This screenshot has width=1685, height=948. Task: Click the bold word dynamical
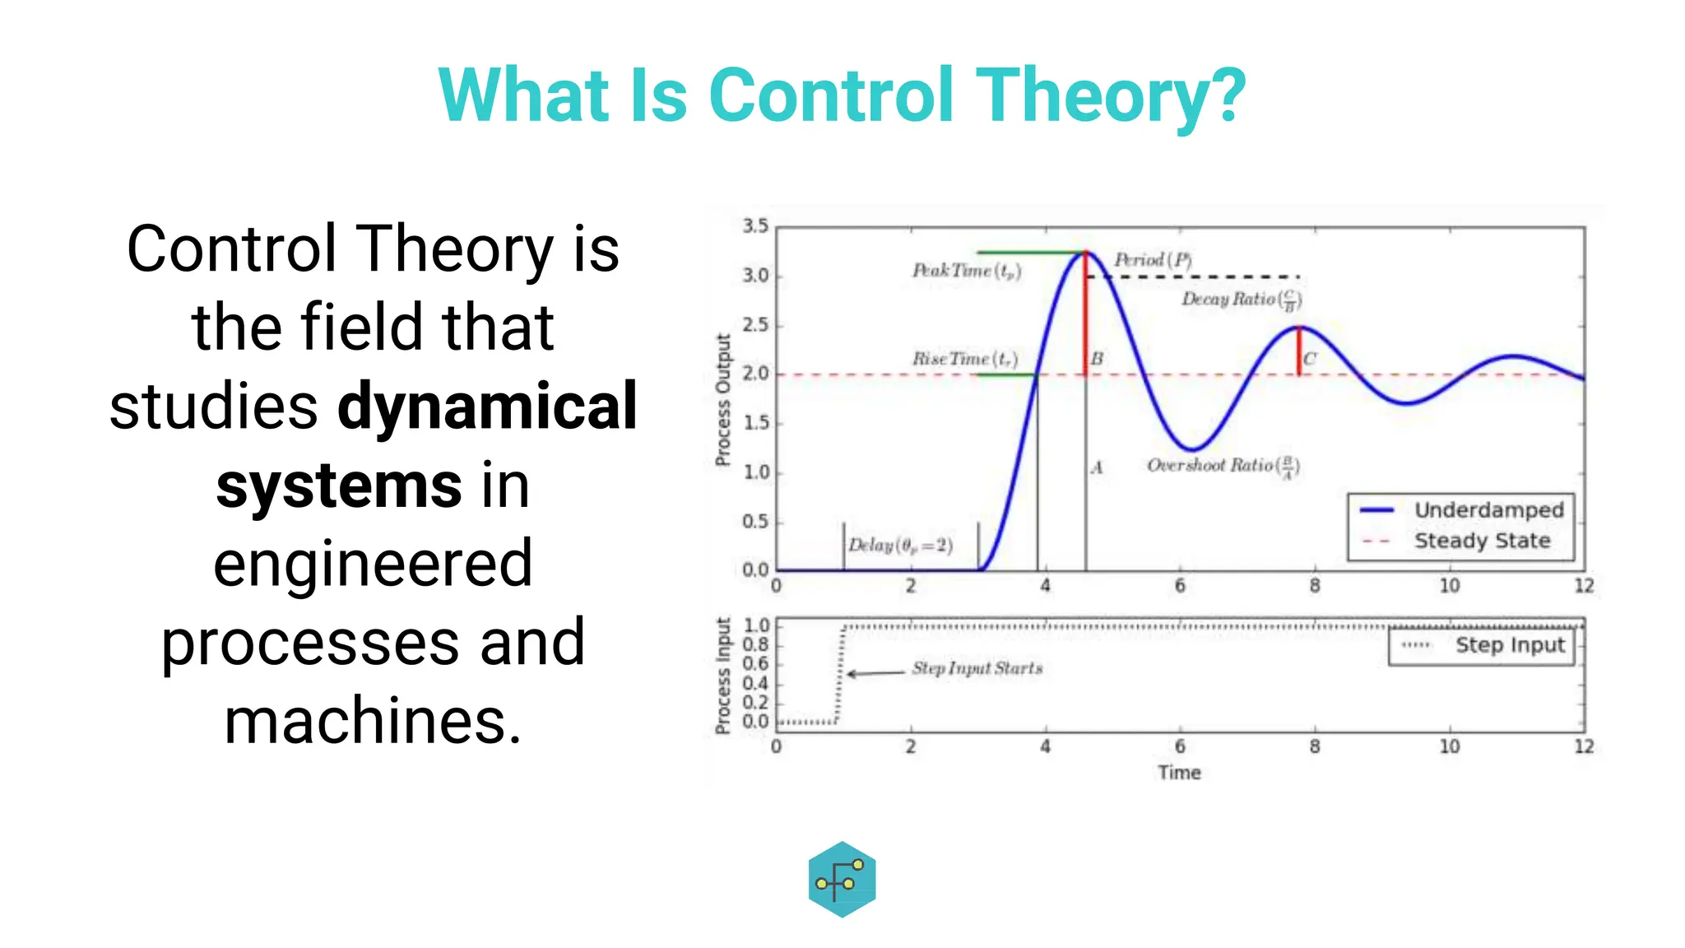pyautogui.click(x=487, y=407)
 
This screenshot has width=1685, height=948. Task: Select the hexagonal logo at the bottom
pyautogui.click(x=842, y=879)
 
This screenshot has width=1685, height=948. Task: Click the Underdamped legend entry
pyautogui.click(x=1488, y=510)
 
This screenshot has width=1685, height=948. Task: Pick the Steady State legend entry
pyautogui.click(x=1481, y=541)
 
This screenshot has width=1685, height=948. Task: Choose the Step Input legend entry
pyautogui.click(x=1509, y=645)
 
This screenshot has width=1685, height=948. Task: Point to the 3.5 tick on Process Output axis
pyautogui.click(x=755, y=226)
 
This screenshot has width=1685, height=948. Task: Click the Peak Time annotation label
pyautogui.click(x=966, y=271)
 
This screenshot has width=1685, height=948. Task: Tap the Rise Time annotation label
pyautogui.click(x=964, y=359)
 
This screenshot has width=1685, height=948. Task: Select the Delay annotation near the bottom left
pyautogui.click(x=900, y=546)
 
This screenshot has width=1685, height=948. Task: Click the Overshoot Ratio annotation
pyautogui.click(x=1223, y=466)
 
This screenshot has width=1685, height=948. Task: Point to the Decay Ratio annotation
pyautogui.click(x=1241, y=300)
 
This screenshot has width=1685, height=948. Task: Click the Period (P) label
pyautogui.click(x=1152, y=260)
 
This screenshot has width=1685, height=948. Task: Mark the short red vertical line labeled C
pyautogui.click(x=1299, y=351)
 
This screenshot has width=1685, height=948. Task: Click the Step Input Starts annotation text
pyautogui.click(x=977, y=668)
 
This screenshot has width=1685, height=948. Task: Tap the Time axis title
pyautogui.click(x=1179, y=773)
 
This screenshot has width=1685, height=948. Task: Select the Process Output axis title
pyautogui.click(x=723, y=400)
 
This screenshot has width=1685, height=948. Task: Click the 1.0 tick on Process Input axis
pyautogui.click(x=756, y=625)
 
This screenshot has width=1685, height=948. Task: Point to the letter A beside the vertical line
pyautogui.click(x=1097, y=468)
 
